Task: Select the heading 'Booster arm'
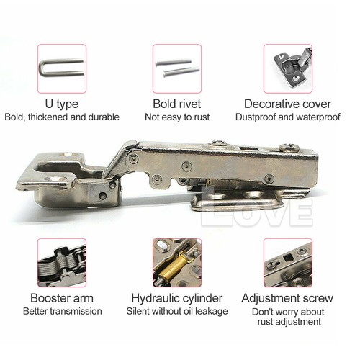[61, 297]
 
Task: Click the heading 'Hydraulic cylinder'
[176, 297]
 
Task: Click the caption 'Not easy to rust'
[176, 117]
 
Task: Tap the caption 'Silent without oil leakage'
[176, 311]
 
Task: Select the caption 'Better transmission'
[61, 311]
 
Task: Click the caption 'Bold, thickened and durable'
[61, 117]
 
